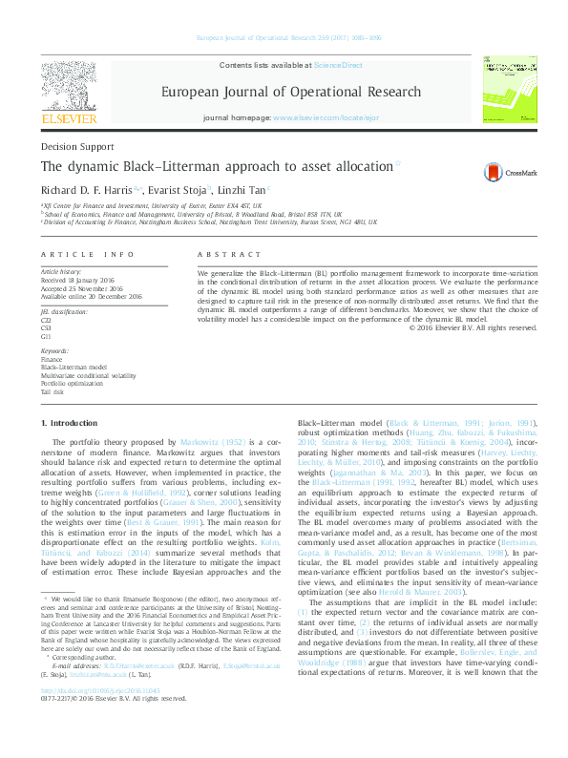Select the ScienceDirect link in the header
pos(337,64)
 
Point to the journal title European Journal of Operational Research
pos(290,93)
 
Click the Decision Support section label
pos(73,147)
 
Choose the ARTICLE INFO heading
pos(88,256)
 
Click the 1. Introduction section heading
pos(73,422)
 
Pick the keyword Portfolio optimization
pos(70,384)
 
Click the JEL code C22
pos(46,321)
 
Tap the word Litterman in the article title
pos(195,166)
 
